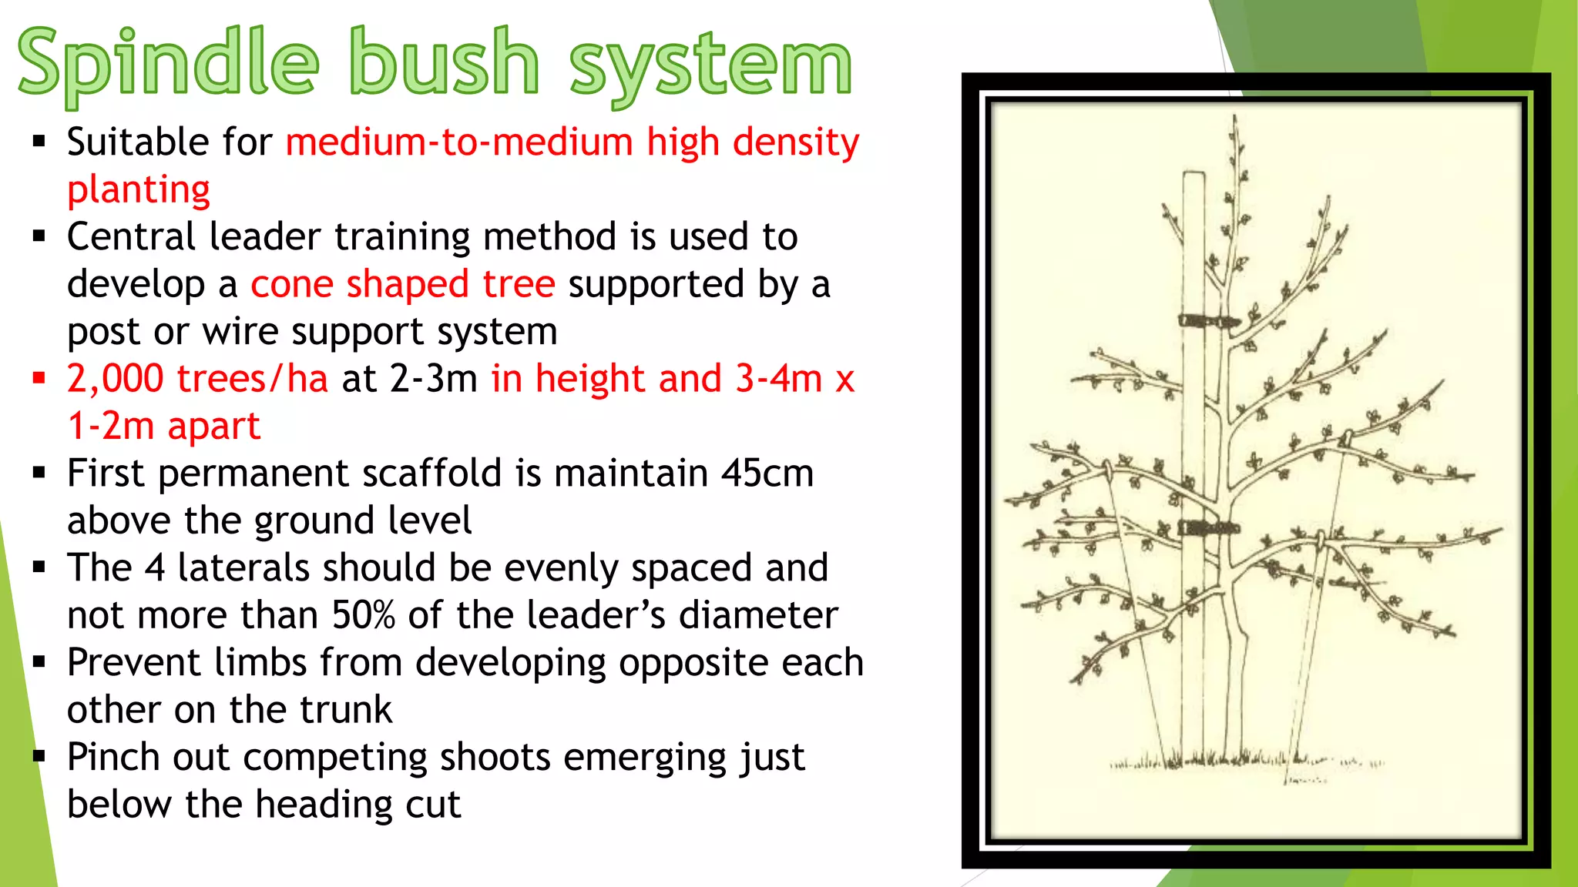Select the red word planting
pyautogui.click(x=139, y=189)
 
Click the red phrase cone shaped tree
pyautogui.click(x=403, y=284)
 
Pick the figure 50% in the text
pyautogui.click(x=364, y=615)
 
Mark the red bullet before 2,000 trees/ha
pyautogui.click(x=39, y=378)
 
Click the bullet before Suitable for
pyautogui.click(x=39, y=142)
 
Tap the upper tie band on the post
pyautogui.click(x=1208, y=320)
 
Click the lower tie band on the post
pyautogui.click(x=1208, y=528)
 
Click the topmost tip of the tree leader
pyautogui.click(x=1235, y=119)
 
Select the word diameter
pyautogui.click(x=758, y=615)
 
